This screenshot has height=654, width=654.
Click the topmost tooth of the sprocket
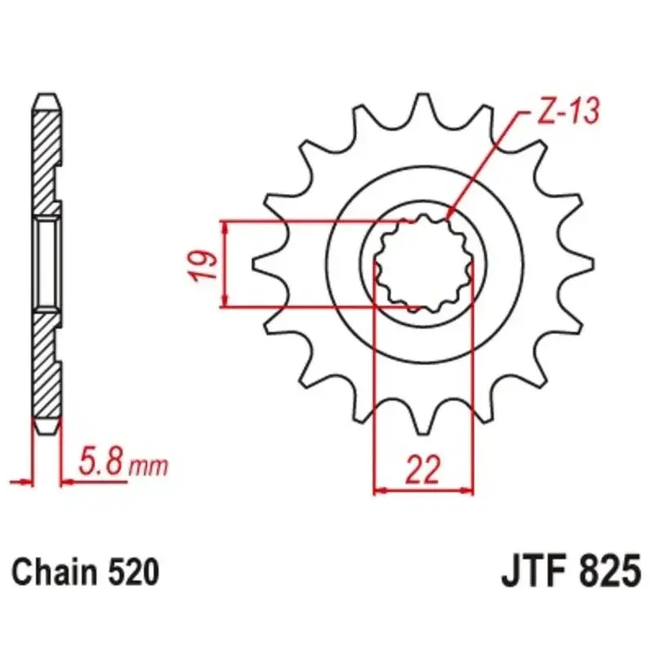[423, 109]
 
